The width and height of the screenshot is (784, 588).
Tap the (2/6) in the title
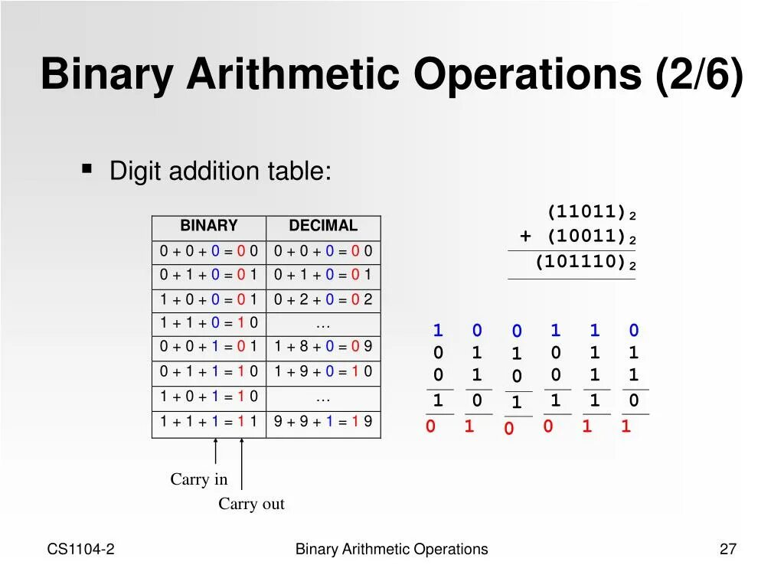[x=699, y=75]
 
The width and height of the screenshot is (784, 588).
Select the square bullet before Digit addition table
[x=87, y=168]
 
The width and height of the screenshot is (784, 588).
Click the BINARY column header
[x=209, y=226]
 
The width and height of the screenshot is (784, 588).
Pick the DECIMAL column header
[x=323, y=226]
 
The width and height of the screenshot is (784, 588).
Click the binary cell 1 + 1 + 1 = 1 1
[x=209, y=421]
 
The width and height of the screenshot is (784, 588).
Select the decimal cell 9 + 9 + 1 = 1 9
[x=323, y=421]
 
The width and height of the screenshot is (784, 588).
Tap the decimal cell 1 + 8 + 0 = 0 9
[x=323, y=347]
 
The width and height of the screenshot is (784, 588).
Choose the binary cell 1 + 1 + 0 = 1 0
[x=209, y=322]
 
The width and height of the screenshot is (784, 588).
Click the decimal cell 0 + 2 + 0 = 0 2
[x=323, y=299]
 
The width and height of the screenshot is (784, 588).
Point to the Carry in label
[x=199, y=479]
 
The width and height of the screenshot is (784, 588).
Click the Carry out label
[x=251, y=504]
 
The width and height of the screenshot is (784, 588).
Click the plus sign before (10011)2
[x=525, y=237]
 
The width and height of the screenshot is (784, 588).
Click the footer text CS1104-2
[x=81, y=549]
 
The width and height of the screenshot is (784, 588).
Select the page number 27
[x=727, y=549]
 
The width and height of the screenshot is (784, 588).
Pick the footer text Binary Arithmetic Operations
[x=391, y=549]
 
